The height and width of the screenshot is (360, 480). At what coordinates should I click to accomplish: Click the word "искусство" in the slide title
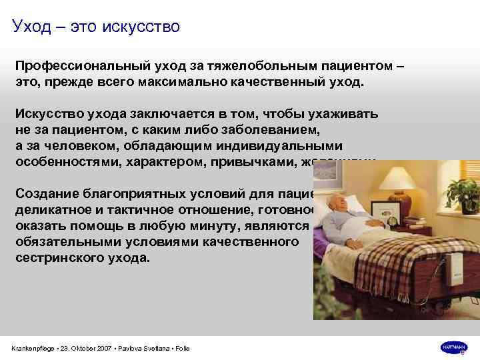tap(140, 27)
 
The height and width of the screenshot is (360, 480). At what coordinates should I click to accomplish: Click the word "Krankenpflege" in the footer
tap(32, 348)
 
